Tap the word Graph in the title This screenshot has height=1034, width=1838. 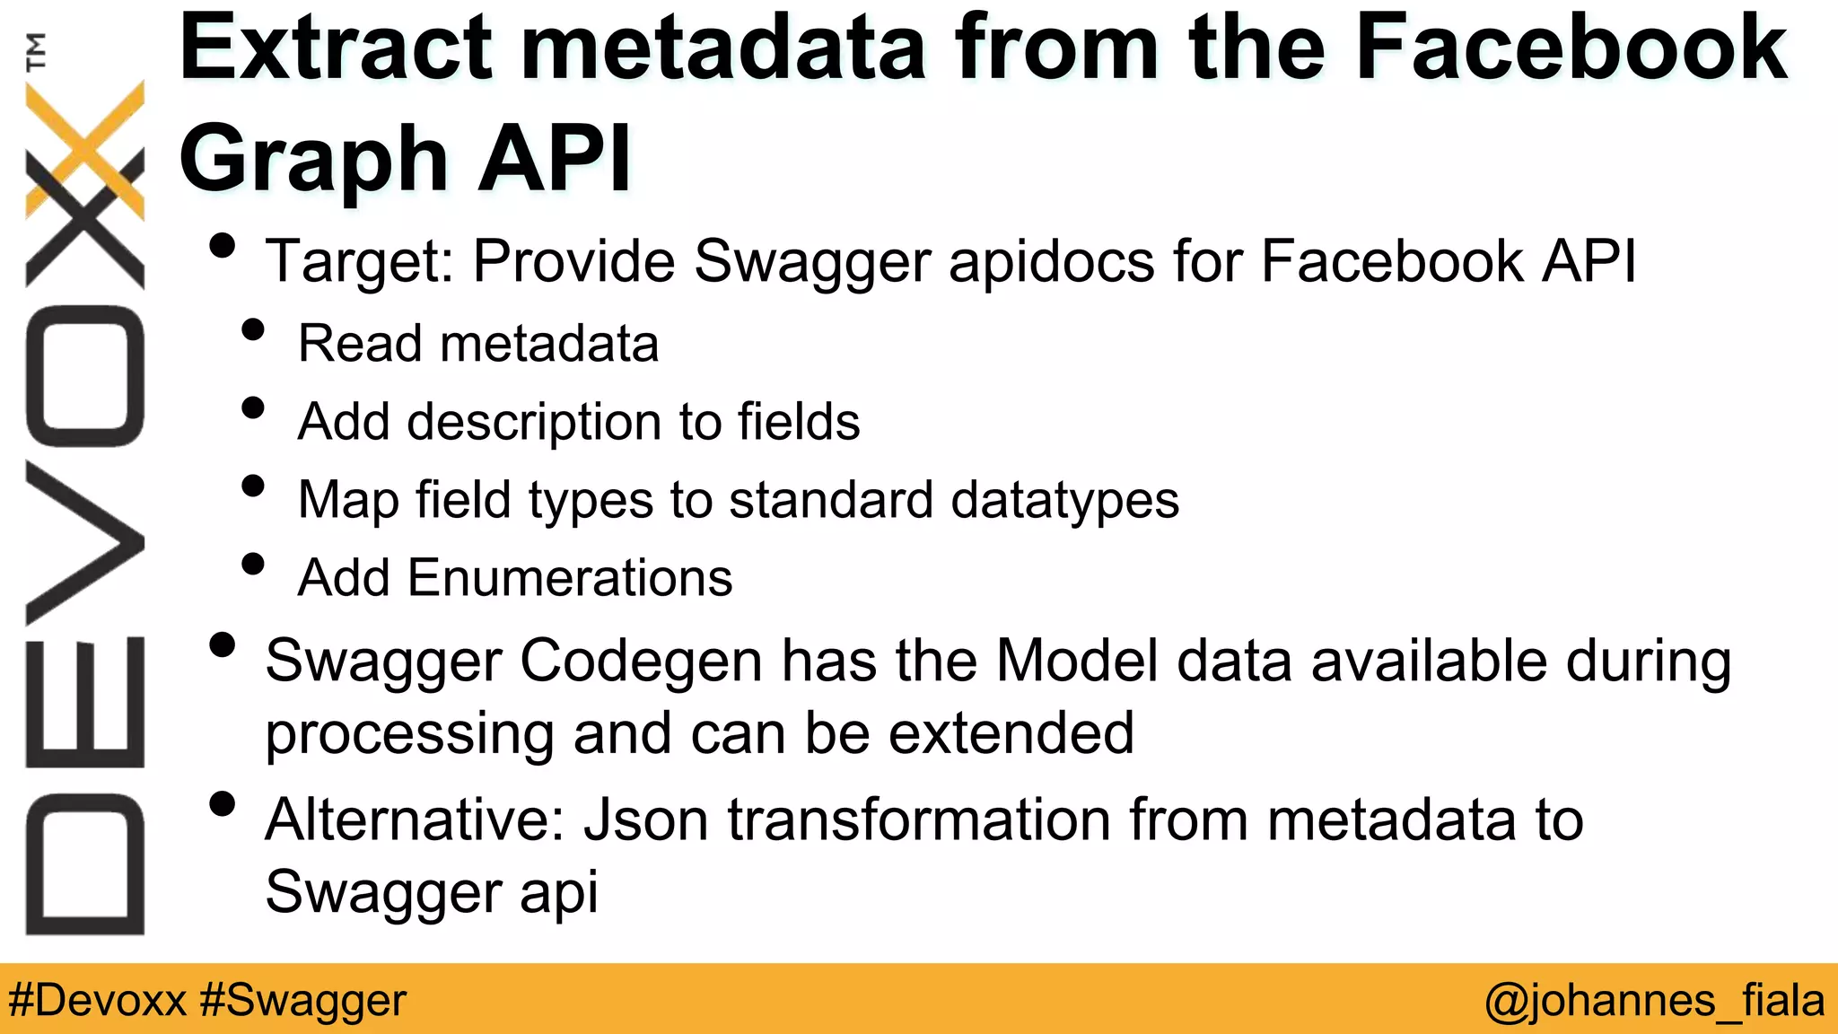click(x=313, y=160)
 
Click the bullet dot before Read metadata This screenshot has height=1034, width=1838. click(x=253, y=330)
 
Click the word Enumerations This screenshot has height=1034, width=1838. click(x=570, y=577)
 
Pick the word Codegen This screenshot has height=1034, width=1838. click(x=641, y=662)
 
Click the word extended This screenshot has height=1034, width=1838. click(x=1011, y=733)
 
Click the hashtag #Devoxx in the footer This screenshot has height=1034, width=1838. click(x=97, y=1000)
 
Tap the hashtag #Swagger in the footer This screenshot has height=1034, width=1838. click(x=303, y=1000)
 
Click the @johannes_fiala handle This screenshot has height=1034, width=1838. click(x=1653, y=1000)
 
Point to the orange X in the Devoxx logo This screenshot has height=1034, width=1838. click(x=85, y=148)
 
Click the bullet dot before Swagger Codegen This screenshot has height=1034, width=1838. click(x=221, y=645)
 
